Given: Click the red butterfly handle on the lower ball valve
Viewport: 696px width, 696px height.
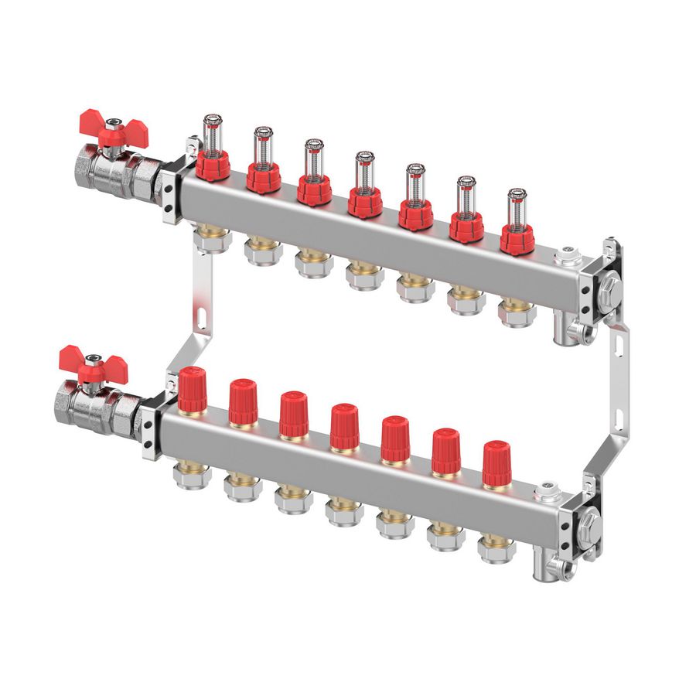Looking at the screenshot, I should pyautogui.click(x=83, y=363).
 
